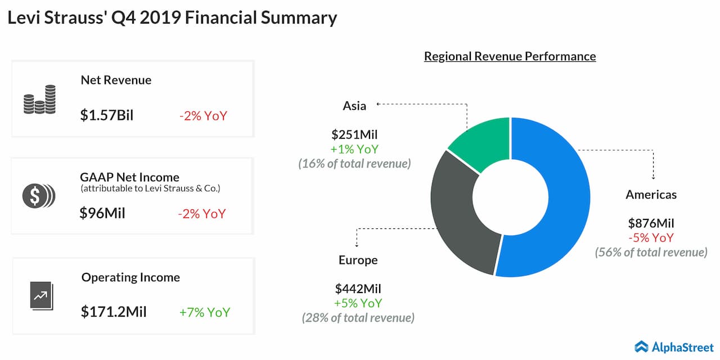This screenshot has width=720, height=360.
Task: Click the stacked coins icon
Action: [x=39, y=100]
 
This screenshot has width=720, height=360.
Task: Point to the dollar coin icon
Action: [x=39, y=196]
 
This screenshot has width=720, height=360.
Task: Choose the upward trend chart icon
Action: [x=42, y=296]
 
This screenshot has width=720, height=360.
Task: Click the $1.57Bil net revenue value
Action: [x=107, y=115]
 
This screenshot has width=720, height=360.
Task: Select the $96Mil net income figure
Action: [x=102, y=213]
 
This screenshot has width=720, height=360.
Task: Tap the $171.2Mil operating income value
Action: [x=114, y=312]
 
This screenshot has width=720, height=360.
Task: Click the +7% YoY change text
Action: [x=205, y=312]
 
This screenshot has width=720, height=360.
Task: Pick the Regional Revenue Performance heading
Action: [x=510, y=56]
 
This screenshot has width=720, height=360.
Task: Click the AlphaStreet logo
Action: [x=674, y=347]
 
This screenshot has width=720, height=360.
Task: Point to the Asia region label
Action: [x=354, y=106]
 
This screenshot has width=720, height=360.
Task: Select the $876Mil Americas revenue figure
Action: [x=651, y=223]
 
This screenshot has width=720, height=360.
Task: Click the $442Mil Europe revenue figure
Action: [x=358, y=289]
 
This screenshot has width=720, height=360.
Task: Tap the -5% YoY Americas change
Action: [x=651, y=238]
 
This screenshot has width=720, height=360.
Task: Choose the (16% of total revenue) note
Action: [x=354, y=164]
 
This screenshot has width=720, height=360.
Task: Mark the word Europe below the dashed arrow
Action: [x=358, y=260]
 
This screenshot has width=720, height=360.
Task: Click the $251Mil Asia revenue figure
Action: [x=354, y=134]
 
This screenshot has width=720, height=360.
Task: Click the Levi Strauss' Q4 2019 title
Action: [x=172, y=17]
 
